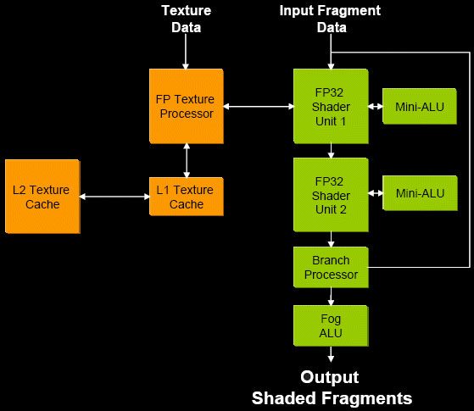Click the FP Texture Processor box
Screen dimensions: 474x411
click(x=187, y=106)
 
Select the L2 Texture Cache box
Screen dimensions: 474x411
click(x=42, y=197)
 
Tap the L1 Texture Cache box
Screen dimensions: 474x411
click(x=187, y=197)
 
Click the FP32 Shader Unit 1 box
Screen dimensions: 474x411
click(x=331, y=106)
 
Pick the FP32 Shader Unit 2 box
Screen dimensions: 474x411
click(x=331, y=195)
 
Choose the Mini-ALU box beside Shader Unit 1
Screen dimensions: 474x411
click(x=420, y=107)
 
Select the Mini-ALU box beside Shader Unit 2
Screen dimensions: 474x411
click(x=420, y=193)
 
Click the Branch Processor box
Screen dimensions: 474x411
click(x=331, y=267)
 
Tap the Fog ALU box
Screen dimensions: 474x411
click(x=331, y=325)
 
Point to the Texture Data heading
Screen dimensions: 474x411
click(x=187, y=19)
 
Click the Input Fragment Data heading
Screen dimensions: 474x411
click(x=330, y=19)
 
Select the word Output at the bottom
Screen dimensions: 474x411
click(x=330, y=377)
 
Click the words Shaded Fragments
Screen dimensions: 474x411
click(x=332, y=398)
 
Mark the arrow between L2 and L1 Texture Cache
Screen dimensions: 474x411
click(x=114, y=197)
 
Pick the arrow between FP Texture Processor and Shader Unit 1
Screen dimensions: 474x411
click(x=259, y=107)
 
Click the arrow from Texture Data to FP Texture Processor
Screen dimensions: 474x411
click(x=186, y=52)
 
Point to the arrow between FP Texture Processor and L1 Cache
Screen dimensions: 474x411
click(x=187, y=160)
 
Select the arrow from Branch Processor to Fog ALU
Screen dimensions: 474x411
click(x=331, y=297)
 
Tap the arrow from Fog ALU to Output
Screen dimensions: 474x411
click(x=331, y=354)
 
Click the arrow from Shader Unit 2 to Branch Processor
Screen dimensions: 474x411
click(x=331, y=240)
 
